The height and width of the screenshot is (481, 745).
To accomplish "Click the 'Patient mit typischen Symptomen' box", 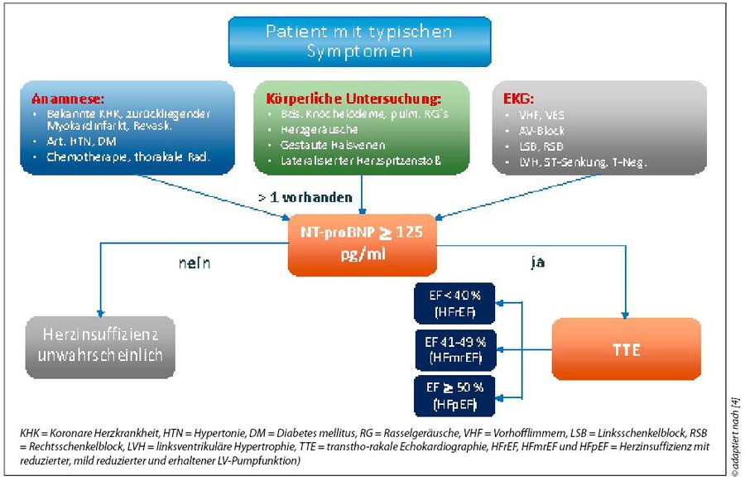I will [360, 41].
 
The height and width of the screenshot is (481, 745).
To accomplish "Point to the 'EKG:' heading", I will [520, 98].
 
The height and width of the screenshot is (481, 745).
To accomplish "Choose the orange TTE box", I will [626, 349].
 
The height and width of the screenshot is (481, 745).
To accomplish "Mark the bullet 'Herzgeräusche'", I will [312, 130].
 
